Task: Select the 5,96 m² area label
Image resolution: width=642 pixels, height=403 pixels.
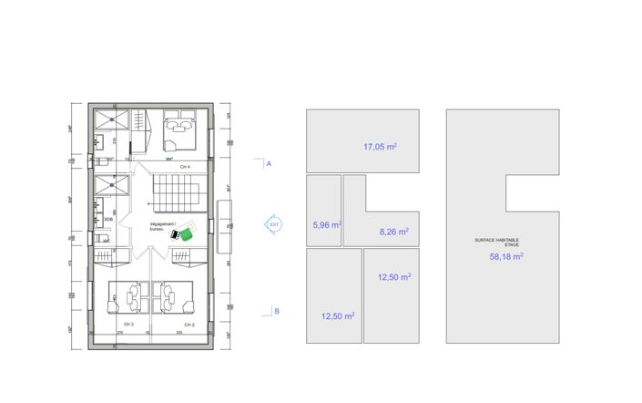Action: (326, 225)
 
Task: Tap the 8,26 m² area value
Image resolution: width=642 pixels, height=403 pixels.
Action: (393, 232)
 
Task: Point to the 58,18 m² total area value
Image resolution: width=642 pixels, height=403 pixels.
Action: (505, 257)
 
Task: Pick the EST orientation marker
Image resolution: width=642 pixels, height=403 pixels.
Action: (275, 222)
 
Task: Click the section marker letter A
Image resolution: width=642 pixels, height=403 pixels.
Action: (270, 164)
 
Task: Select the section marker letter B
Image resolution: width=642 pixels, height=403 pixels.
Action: (277, 312)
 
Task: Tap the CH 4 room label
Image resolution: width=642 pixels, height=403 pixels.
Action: (185, 168)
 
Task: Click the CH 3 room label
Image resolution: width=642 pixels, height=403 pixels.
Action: (127, 325)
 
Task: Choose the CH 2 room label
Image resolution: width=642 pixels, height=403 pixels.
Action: (189, 325)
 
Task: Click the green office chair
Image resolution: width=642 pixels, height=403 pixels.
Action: (186, 234)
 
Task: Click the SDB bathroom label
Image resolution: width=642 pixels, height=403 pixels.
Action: (108, 219)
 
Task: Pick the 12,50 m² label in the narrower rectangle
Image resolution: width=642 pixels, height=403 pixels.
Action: (393, 278)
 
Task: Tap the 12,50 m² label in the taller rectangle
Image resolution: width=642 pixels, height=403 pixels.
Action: (338, 316)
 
